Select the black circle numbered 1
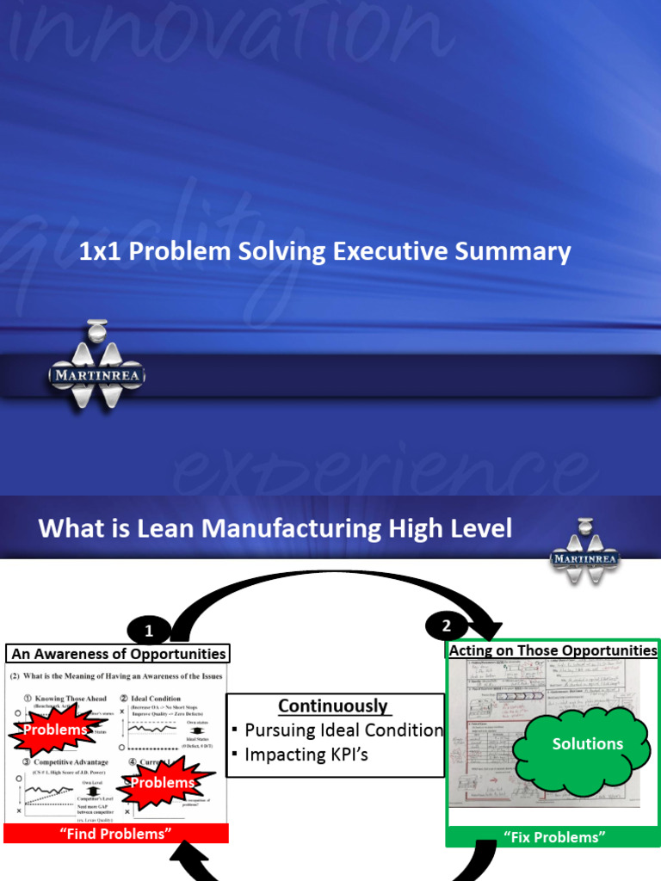click(149, 631)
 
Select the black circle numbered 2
click(446, 625)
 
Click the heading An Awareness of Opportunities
click(118, 654)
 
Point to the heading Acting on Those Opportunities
click(553, 650)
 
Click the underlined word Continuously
click(334, 706)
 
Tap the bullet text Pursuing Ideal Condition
click(343, 730)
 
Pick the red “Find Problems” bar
click(116, 833)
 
